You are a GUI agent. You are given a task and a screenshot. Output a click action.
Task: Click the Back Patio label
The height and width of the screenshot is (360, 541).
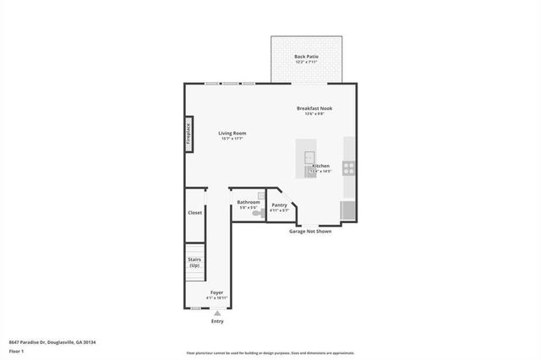[x=305, y=57]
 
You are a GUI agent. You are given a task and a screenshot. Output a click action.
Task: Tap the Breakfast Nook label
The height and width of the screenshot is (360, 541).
[x=310, y=108]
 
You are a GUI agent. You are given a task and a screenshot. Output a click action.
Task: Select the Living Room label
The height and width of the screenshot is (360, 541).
[x=232, y=133]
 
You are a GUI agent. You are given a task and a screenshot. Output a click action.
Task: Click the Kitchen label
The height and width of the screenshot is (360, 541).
[x=320, y=166]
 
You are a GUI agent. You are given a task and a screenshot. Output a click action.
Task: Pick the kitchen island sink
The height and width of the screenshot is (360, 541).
[x=309, y=156]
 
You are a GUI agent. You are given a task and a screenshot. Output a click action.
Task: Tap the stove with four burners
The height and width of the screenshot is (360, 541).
[x=348, y=167]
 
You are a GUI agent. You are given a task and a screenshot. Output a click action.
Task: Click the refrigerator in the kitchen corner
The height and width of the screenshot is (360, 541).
[x=347, y=210]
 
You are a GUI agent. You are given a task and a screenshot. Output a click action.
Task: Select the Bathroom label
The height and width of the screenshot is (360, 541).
[x=248, y=202]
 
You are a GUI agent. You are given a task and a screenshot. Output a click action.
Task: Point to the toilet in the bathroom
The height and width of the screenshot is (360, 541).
[x=258, y=214]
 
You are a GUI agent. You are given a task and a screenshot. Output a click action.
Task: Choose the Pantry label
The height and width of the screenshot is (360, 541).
[x=279, y=205]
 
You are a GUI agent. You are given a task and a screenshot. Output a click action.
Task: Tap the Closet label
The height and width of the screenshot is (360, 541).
[x=195, y=213]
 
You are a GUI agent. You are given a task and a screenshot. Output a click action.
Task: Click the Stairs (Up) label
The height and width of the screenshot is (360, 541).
[x=194, y=263]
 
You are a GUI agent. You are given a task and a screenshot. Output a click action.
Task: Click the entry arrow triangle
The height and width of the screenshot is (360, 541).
[x=217, y=313]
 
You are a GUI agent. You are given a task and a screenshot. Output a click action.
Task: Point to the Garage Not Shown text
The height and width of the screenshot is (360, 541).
[x=310, y=231]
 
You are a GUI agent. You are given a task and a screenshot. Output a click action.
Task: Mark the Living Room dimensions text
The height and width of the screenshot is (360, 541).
[x=232, y=139]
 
